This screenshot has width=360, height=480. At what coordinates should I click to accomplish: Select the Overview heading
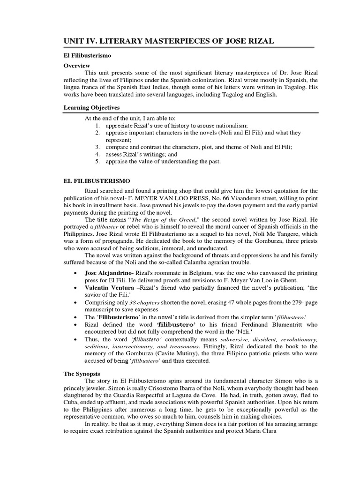click(x=77, y=66)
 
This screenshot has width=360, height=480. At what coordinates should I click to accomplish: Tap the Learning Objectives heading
click(x=92, y=107)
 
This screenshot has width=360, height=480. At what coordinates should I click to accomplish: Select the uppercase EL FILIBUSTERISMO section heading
click(x=97, y=180)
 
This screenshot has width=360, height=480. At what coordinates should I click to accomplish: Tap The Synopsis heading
click(x=82, y=374)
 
